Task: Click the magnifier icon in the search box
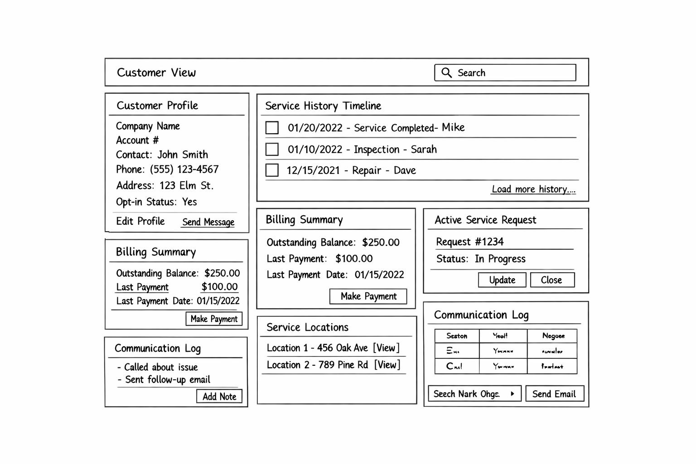446,72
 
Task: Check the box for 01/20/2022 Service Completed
272,128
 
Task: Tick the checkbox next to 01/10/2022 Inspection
272,149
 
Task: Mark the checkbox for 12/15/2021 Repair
272,170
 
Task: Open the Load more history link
533,189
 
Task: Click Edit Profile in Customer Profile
140,221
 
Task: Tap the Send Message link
208,222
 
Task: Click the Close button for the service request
552,280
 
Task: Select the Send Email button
554,394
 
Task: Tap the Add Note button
219,396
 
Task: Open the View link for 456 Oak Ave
386,348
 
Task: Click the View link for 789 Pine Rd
387,365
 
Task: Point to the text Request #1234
469,242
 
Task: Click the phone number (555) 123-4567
184,169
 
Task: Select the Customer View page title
156,72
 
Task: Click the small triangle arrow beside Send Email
512,394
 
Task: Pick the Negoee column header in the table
553,336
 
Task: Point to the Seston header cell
457,336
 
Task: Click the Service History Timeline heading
323,106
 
